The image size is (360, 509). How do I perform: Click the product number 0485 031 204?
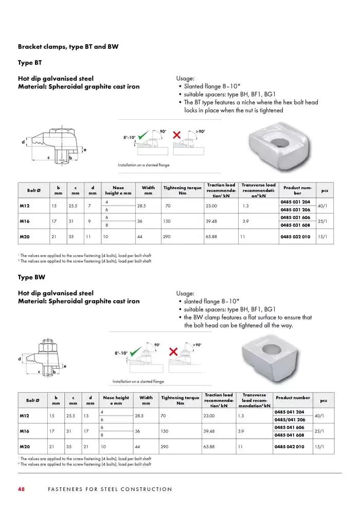pos(296,202)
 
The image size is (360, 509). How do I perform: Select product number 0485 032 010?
pos(296,237)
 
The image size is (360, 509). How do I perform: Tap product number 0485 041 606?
pos(293,427)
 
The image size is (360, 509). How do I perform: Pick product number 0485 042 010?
pos(293,447)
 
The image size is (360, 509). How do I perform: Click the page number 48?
pos(22,489)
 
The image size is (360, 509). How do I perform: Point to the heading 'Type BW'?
pos(31,277)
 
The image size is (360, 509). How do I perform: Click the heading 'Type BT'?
pos(30,63)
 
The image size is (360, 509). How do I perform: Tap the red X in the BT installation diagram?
pos(177,135)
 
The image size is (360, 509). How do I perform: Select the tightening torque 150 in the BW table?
pos(165,431)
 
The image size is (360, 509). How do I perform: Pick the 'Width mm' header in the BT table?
pos(148,190)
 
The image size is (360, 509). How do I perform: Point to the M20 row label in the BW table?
pos(24,447)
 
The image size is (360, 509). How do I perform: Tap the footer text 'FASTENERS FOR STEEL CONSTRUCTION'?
pos(110,489)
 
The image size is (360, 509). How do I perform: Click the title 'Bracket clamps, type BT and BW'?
pos(68,46)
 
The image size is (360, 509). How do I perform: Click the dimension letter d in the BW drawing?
pos(20,358)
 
